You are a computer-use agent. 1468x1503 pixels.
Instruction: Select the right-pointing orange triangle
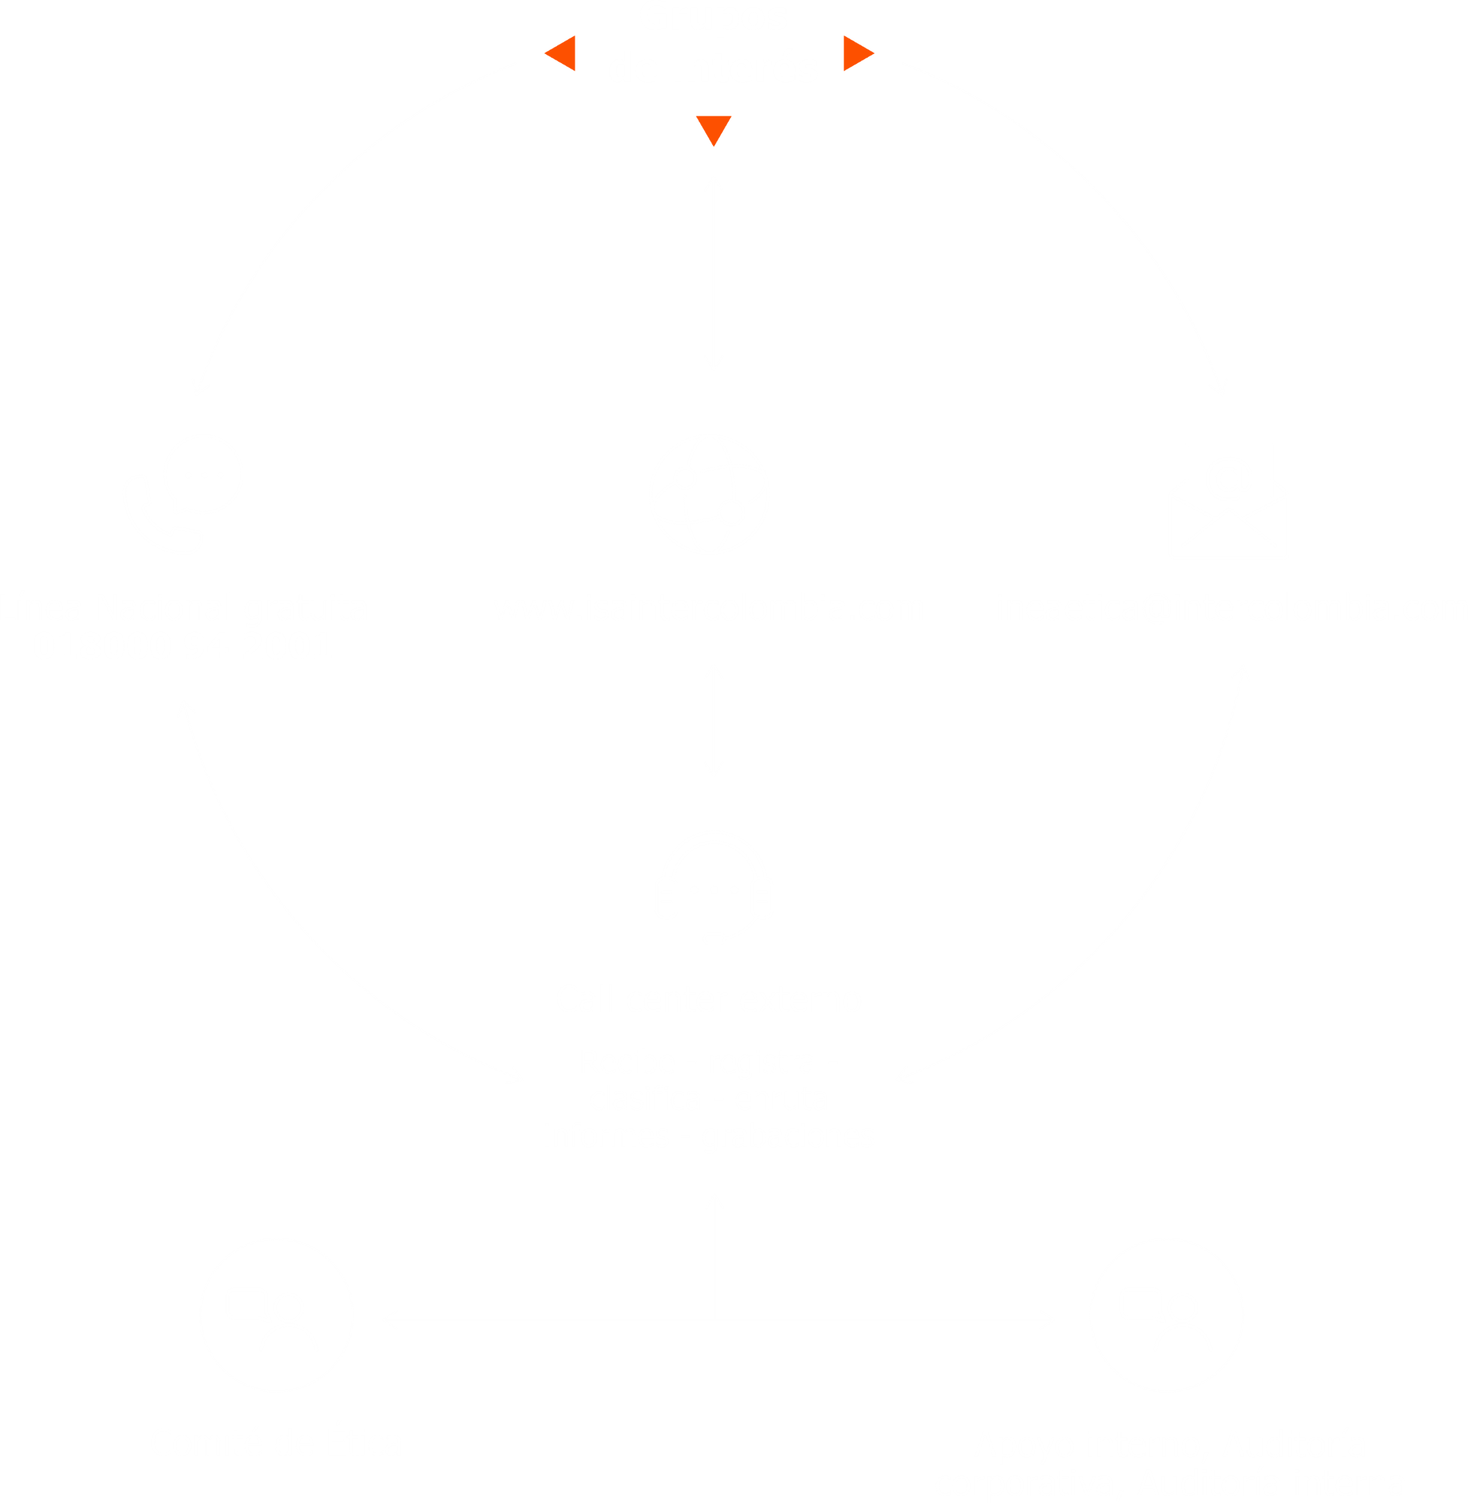point(857,53)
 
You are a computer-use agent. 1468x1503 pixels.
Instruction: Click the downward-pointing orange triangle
point(713,129)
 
